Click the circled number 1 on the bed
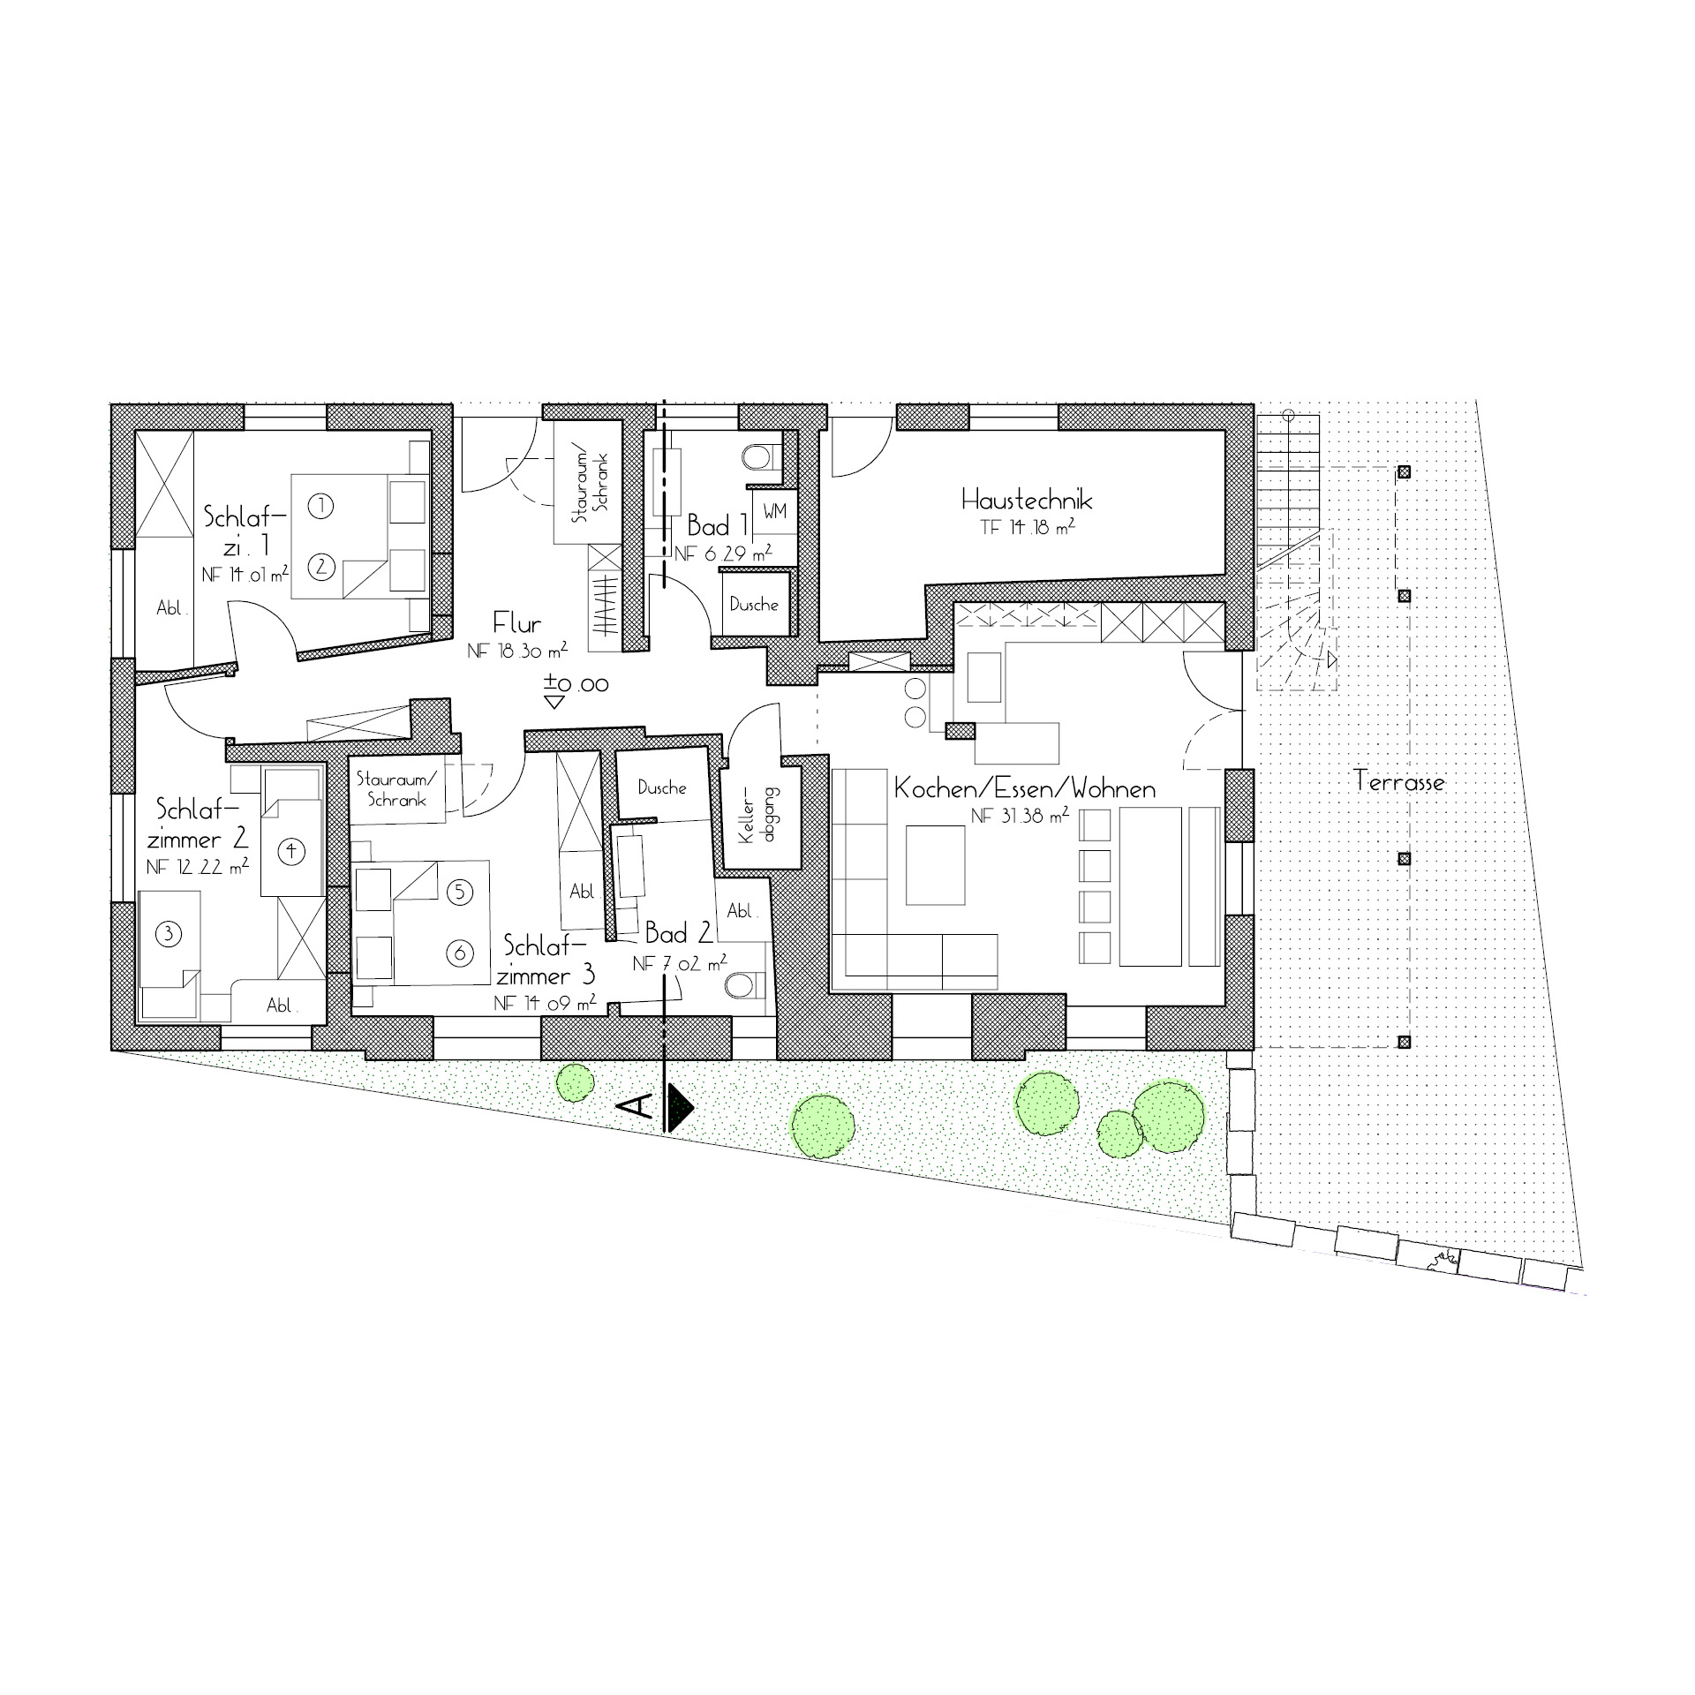[x=321, y=506]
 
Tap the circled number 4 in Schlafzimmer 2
[x=291, y=851]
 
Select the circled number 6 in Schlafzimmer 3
[x=459, y=953]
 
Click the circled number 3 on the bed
[x=168, y=933]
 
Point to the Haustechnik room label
[x=1027, y=501]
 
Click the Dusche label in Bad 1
[x=754, y=605]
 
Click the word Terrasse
[x=1399, y=781]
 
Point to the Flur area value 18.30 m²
[x=517, y=652]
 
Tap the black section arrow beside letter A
[x=680, y=1108]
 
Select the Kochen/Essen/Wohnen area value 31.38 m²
[x=1021, y=816]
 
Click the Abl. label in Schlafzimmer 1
[x=169, y=608]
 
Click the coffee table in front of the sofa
[x=936, y=864]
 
